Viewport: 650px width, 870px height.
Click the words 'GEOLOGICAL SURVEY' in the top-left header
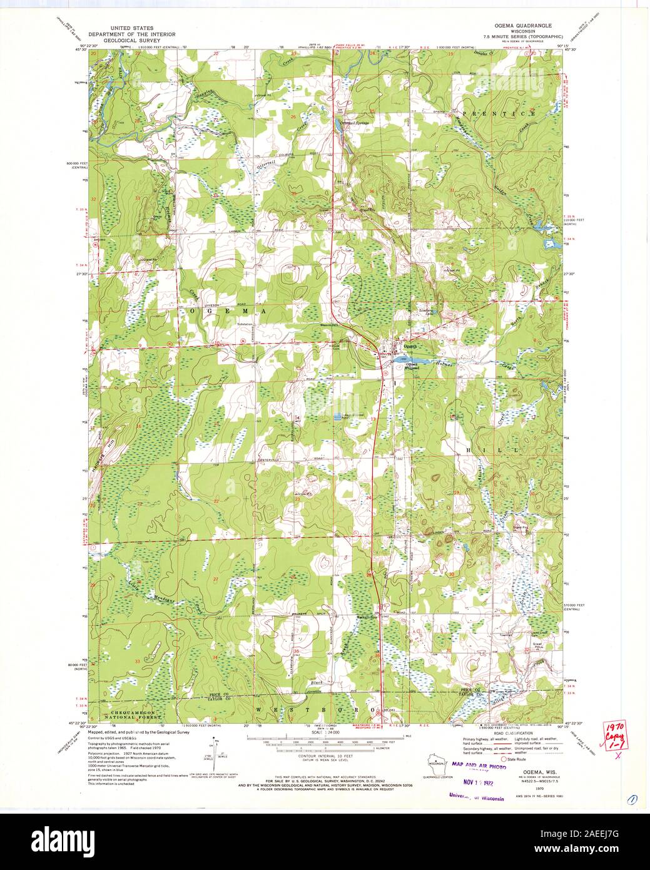tap(132, 39)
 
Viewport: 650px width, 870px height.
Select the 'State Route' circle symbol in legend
tap(503, 758)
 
